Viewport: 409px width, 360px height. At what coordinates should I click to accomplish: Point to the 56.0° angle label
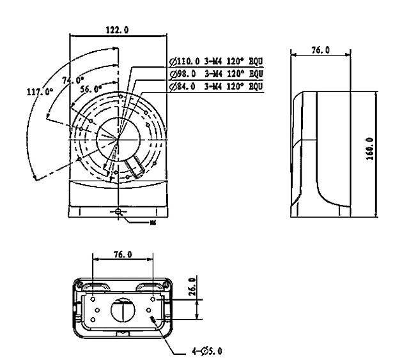tap(91, 90)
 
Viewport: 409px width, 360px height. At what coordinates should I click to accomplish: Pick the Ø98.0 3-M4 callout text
tap(216, 74)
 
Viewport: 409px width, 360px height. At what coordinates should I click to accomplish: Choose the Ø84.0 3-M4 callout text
tap(216, 86)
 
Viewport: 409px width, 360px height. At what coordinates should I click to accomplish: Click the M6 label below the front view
tap(152, 223)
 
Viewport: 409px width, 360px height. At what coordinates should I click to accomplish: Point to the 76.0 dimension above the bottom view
tap(123, 254)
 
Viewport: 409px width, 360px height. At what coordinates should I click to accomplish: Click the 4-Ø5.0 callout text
tap(208, 350)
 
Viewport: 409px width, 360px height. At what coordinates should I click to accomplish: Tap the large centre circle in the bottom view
tap(122, 311)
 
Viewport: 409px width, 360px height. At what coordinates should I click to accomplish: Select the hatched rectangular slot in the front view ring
tap(135, 168)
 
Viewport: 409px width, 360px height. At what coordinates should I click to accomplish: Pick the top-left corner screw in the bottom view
tap(81, 283)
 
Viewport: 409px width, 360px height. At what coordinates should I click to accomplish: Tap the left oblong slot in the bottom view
tap(95, 286)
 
